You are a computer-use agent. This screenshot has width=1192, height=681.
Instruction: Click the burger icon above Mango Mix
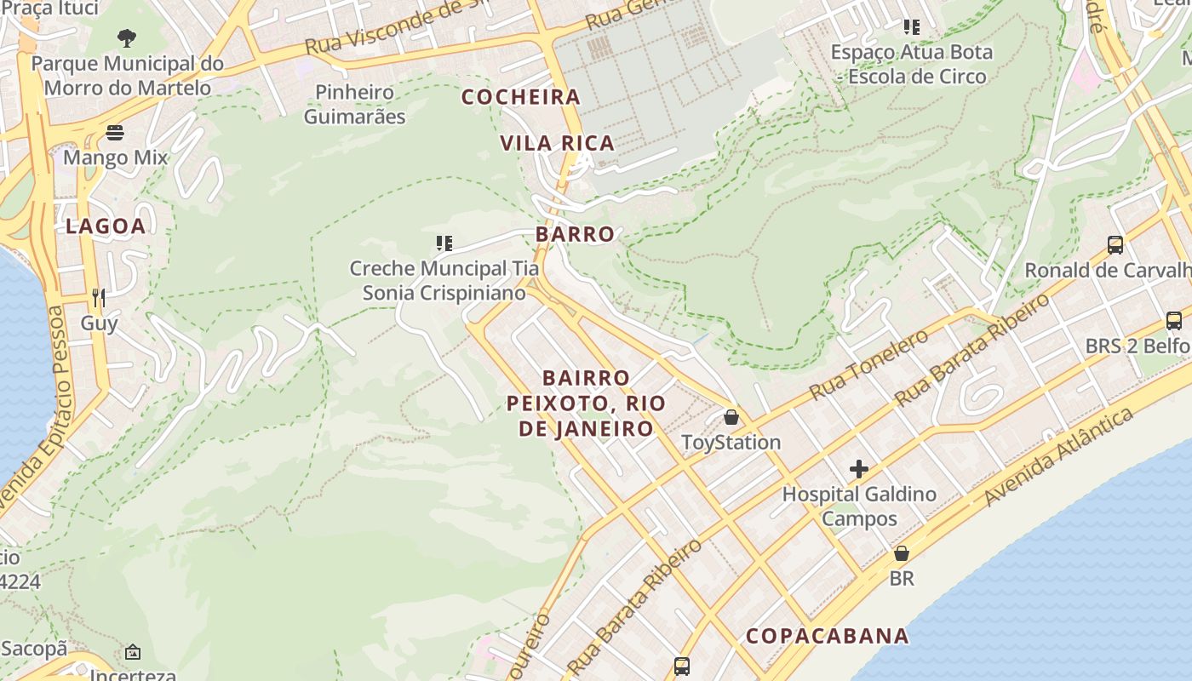click(x=115, y=133)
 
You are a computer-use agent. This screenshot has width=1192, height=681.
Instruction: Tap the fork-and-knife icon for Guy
click(x=99, y=297)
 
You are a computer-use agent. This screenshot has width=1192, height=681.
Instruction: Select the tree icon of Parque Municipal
click(x=127, y=37)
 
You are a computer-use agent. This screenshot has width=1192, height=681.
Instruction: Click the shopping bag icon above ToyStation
click(x=731, y=417)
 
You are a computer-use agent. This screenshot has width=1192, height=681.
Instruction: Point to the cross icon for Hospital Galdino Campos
click(x=858, y=469)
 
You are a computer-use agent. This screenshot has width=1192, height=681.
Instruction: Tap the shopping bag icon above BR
click(x=902, y=553)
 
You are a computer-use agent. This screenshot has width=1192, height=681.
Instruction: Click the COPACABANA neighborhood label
click(x=828, y=636)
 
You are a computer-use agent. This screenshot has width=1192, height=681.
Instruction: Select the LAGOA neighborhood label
click(x=106, y=226)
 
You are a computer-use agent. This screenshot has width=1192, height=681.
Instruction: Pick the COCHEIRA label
click(x=521, y=97)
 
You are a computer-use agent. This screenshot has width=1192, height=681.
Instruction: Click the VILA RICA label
click(x=558, y=143)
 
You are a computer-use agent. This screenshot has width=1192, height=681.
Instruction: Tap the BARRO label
click(x=575, y=234)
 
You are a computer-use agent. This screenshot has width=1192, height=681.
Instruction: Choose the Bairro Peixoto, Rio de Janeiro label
click(x=587, y=403)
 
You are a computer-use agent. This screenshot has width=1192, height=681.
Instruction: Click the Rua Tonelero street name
click(x=868, y=364)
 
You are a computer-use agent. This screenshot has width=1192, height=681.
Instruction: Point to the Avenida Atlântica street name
click(x=1059, y=456)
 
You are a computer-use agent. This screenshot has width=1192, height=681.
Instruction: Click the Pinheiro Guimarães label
click(x=355, y=104)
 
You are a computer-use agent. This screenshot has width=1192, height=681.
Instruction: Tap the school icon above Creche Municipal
click(x=444, y=244)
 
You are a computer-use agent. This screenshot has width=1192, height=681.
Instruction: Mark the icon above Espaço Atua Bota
click(x=912, y=27)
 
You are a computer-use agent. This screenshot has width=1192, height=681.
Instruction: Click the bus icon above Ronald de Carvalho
click(x=1115, y=245)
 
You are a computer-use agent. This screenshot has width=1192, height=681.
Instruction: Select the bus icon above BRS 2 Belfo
click(x=1173, y=321)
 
